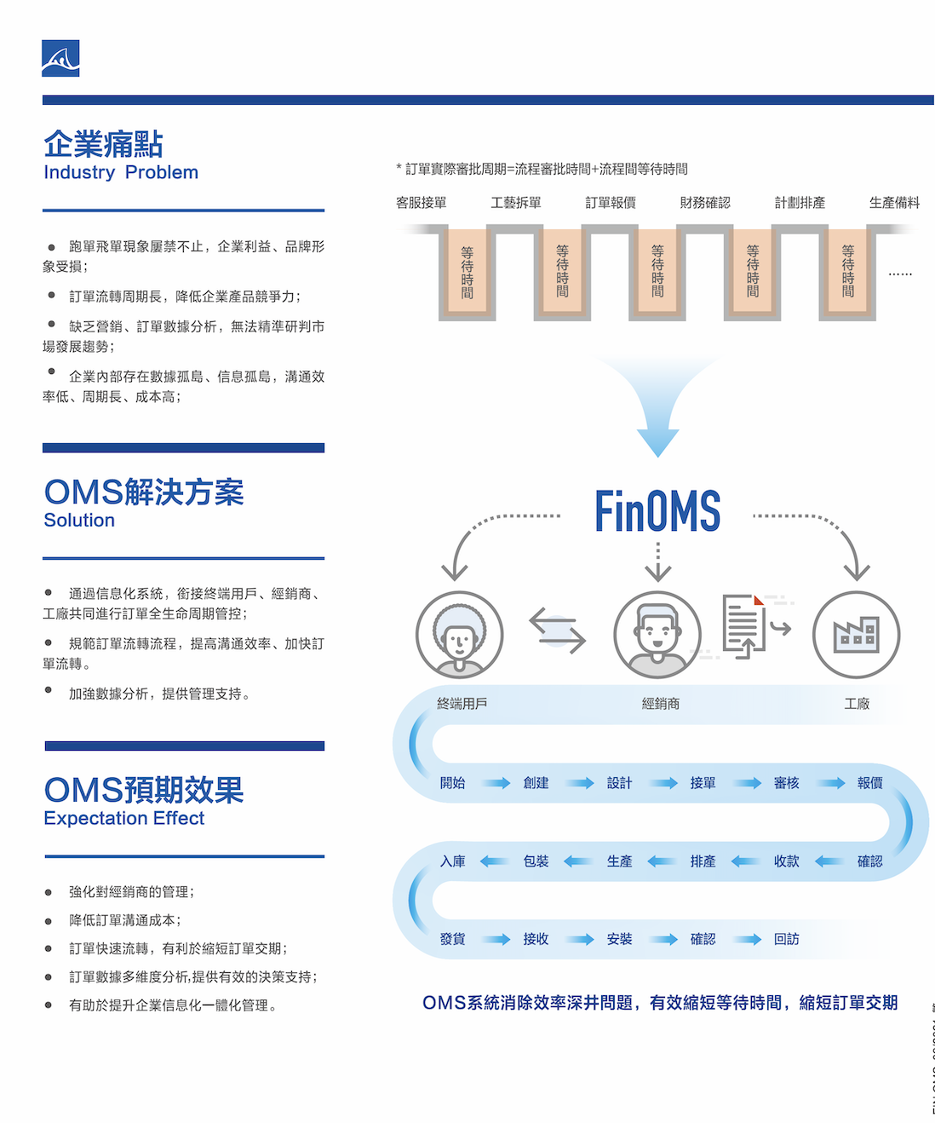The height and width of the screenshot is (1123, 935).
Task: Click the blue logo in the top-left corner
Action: [60, 58]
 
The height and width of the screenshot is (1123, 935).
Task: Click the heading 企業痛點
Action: [103, 144]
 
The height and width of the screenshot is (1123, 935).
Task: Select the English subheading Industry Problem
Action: [121, 173]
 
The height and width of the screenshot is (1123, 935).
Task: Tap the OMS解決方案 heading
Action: [144, 492]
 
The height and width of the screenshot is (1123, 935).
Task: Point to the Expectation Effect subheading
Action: [124, 819]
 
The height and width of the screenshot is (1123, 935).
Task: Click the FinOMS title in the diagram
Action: [657, 511]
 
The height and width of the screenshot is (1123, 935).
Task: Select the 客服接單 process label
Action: [421, 203]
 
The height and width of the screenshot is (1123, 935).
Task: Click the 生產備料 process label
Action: [894, 203]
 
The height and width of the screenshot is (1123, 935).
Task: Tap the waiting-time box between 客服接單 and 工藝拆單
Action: [467, 272]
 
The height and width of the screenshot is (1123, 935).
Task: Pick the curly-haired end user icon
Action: [460, 635]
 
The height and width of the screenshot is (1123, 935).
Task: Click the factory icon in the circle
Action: [856, 635]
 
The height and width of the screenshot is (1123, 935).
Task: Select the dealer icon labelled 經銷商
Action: [657, 635]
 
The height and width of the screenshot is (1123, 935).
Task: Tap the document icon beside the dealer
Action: [743, 626]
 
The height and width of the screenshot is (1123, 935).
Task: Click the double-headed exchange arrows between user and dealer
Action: [558, 631]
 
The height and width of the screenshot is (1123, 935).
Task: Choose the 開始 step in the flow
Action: [452, 783]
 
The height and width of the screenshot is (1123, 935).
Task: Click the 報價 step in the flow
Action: [869, 783]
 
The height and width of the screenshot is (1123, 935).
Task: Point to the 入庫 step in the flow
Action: [452, 861]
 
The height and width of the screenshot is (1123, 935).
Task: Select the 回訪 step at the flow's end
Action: [786, 939]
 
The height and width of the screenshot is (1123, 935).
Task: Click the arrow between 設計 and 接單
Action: [663, 783]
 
